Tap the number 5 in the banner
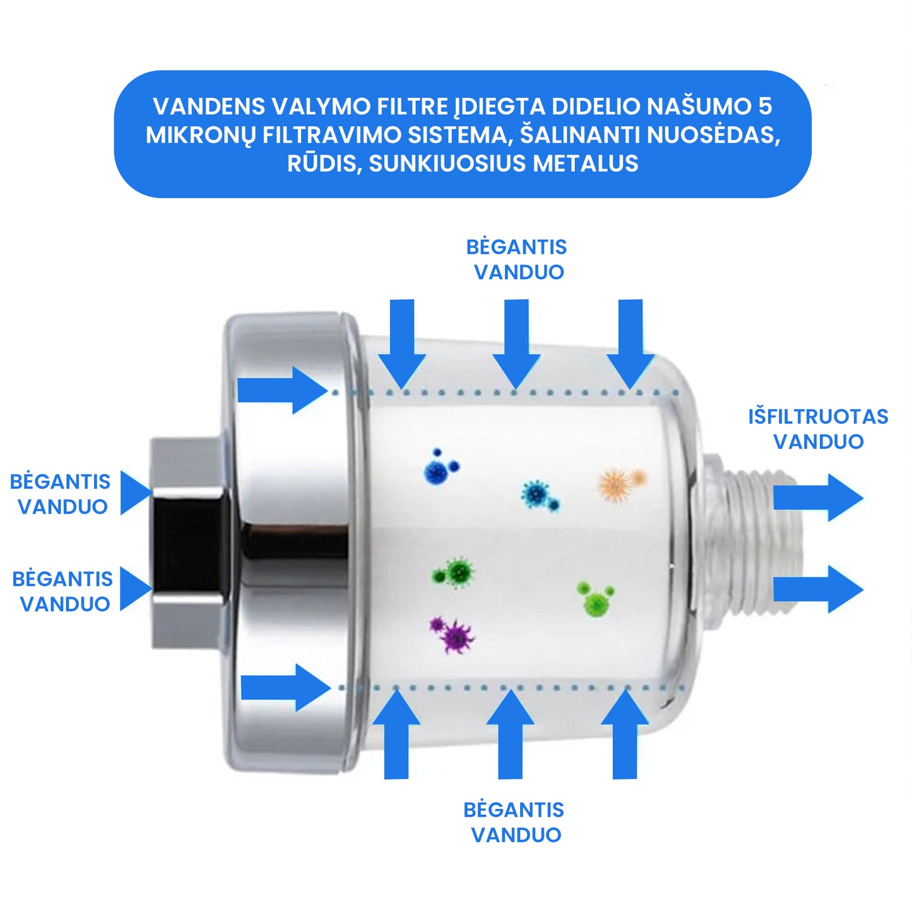point(764,106)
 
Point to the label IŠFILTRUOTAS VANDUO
point(818,429)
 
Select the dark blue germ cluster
point(440,468)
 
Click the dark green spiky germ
point(455,573)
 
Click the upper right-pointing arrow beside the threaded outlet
point(817,497)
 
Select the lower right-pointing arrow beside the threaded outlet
point(817,589)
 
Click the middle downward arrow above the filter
point(516,343)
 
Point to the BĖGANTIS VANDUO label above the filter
point(517,259)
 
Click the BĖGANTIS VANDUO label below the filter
point(514,822)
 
